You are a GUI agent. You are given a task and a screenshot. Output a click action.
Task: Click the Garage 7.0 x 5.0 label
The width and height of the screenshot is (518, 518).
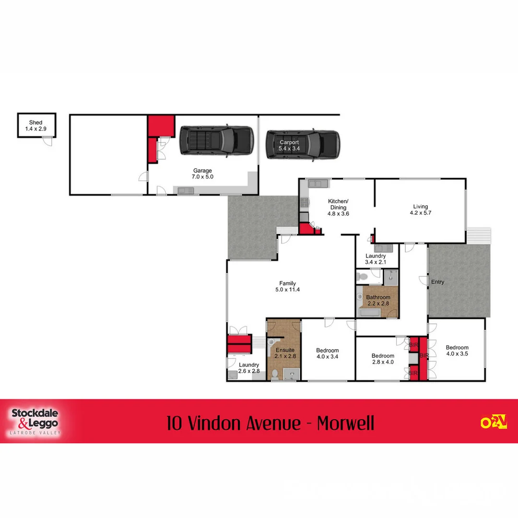pos(202,174)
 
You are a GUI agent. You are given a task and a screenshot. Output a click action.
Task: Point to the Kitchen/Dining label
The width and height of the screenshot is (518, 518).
pos(338,207)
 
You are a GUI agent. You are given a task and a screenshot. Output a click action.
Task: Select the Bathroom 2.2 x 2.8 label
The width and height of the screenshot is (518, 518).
pos(378,301)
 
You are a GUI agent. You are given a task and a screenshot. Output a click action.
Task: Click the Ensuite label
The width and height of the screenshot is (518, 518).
pos(285,353)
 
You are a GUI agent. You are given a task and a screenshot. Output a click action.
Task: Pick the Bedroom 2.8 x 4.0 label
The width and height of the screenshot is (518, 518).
pos(383,359)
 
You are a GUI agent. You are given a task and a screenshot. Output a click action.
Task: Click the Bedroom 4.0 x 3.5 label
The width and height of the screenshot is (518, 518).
pos(457,351)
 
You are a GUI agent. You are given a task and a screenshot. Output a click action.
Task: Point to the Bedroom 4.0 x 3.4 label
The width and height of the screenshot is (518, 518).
pos(328,353)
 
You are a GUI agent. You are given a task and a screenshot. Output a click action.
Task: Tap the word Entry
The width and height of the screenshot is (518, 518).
pos(437,282)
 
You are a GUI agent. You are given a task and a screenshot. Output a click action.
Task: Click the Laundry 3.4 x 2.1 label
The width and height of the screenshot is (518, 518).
pos(375,259)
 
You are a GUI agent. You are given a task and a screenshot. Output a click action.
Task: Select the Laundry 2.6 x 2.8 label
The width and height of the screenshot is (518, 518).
pos(249,368)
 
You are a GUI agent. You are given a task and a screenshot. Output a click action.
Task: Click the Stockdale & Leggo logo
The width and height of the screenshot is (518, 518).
pos(35,421)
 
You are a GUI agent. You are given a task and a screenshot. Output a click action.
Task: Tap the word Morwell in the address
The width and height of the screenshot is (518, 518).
pos(345,424)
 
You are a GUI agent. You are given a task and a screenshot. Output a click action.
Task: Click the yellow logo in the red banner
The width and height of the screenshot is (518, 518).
pos(494,422)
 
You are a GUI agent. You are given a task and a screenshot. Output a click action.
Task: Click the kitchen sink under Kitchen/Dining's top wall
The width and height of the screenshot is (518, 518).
pos(317,184)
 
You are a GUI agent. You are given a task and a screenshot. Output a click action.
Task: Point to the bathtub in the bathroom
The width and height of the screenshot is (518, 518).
pos(369,313)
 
